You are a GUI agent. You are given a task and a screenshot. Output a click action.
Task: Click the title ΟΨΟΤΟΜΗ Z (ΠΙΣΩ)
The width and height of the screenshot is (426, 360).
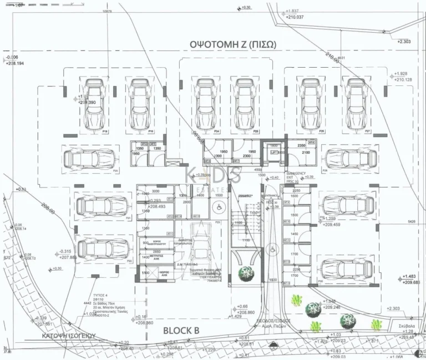[x=229, y=45]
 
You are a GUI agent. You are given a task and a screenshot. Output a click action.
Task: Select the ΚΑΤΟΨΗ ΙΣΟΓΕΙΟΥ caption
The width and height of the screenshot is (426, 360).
[x=69, y=336]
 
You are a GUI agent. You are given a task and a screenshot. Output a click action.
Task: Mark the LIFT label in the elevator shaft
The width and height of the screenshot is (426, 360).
[x=273, y=151]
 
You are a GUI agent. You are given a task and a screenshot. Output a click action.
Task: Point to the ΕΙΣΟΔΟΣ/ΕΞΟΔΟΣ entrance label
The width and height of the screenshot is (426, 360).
[x=273, y=321]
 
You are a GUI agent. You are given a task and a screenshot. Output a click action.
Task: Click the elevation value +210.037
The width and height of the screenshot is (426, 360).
[x=295, y=17]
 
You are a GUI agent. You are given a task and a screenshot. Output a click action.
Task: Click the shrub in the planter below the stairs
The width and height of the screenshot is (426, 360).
[x=245, y=273]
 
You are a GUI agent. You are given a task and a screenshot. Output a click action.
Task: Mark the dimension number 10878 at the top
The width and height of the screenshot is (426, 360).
[x=108, y=11]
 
